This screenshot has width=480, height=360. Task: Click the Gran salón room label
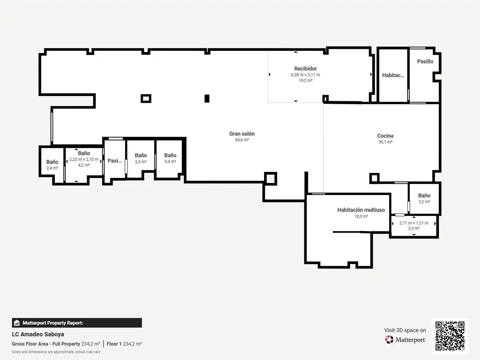[242, 134]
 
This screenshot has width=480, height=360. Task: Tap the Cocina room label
[385, 136]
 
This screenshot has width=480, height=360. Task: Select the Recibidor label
[305, 69]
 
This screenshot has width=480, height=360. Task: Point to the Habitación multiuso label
[361, 210]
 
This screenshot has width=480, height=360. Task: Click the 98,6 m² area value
[242, 140]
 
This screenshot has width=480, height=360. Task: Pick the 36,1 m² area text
[385, 142]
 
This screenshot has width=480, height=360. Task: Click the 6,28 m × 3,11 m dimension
[305, 75]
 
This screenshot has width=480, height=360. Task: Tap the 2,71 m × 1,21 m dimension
[414, 223]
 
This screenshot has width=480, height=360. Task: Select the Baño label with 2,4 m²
[52, 162]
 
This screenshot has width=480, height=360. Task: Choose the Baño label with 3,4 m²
[170, 155]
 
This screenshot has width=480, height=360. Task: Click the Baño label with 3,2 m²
[424, 195]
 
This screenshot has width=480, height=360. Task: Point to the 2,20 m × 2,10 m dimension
[84, 159]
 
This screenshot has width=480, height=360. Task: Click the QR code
[450, 336]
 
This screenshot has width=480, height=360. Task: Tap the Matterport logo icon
[389, 339]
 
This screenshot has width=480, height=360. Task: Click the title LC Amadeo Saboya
[38, 334]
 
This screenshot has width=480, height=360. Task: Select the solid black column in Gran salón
[207, 98]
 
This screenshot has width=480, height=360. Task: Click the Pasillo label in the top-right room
[425, 61]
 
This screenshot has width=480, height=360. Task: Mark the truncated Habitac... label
[393, 75]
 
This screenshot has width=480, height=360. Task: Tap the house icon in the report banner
[17, 323]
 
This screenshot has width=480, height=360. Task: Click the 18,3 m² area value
[361, 216]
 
